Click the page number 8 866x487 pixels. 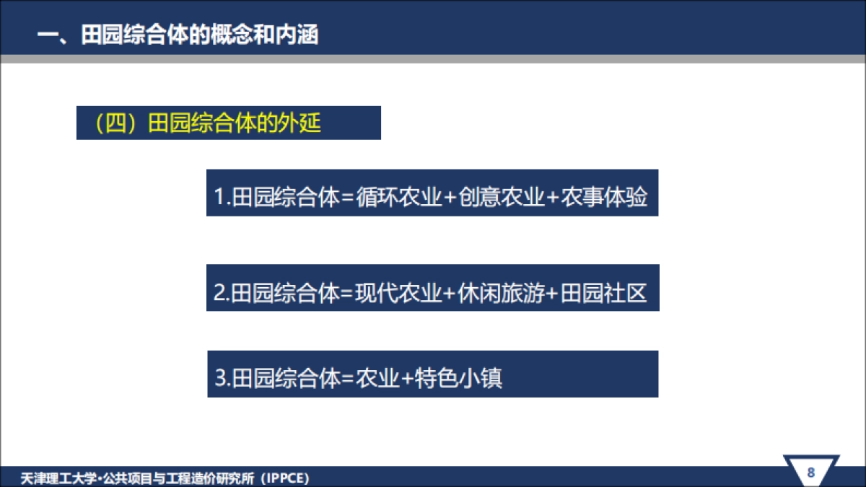click(x=810, y=473)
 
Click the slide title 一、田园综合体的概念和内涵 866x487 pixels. click(x=178, y=35)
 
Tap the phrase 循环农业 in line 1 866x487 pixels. click(x=398, y=197)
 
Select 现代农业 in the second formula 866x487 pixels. click(x=398, y=294)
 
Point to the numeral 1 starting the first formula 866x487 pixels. click(x=219, y=198)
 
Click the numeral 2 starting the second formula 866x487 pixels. click(x=219, y=294)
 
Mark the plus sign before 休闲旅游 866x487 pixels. click(x=450, y=294)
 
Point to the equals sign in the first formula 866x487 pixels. click(x=347, y=198)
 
